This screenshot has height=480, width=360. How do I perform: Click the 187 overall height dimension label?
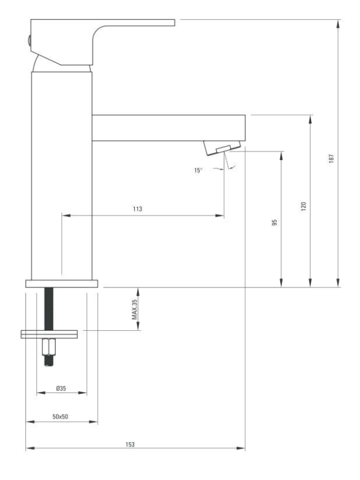tap(331, 158)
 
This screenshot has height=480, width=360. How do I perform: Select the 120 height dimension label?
tap(303, 206)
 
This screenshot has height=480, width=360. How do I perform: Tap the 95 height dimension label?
tap(275, 222)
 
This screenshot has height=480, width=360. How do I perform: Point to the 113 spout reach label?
tap(138, 209)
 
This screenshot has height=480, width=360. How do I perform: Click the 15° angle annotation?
tap(198, 170)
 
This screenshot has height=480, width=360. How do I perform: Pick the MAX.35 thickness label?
tap(135, 309)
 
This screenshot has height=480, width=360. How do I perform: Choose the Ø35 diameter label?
tap(61, 388)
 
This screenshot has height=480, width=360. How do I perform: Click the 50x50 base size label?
tap(60, 417)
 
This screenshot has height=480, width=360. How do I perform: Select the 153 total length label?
tap(130, 444)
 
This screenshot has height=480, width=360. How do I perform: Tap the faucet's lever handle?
tap(101, 40)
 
